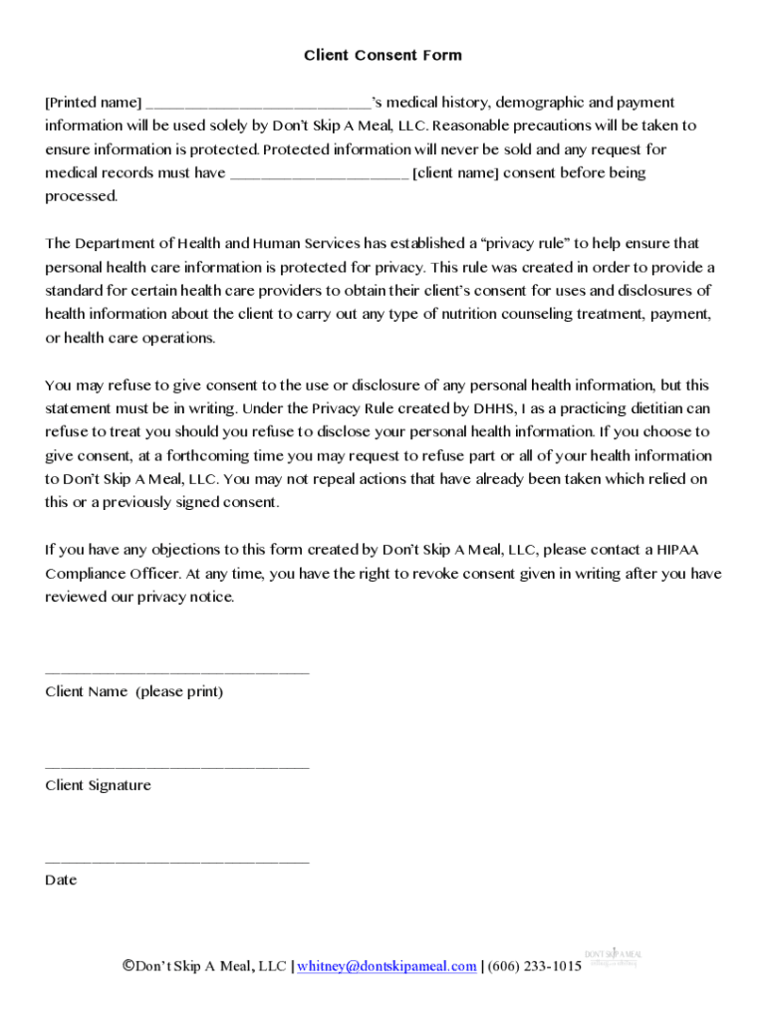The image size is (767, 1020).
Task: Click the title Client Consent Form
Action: tap(383, 56)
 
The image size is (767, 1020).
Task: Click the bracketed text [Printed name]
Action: tap(94, 103)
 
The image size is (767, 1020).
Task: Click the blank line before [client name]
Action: tap(319, 174)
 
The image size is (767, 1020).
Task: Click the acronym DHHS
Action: tap(494, 408)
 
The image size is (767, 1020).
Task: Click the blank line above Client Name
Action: tap(177, 672)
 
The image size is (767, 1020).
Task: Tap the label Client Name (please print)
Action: tap(133, 691)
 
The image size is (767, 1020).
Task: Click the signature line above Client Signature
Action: tap(177, 767)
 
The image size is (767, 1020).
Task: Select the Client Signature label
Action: tap(98, 785)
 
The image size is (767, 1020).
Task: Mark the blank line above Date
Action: tap(177, 861)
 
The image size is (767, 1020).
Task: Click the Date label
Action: tap(61, 880)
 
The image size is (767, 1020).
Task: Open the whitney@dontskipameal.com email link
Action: tap(386, 966)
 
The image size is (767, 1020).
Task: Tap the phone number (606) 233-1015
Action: tap(535, 966)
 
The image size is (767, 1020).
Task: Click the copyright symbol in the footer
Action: tap(128, 965)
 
